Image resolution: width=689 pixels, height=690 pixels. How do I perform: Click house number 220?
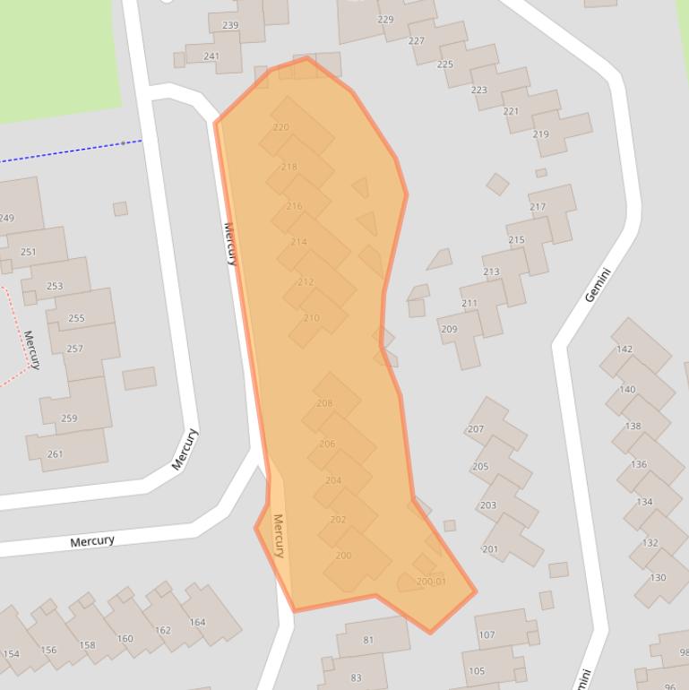tap(280, 127)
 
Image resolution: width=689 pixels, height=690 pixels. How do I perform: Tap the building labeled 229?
tap(385, 20)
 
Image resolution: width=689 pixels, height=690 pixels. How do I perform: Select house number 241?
tap(211, 56)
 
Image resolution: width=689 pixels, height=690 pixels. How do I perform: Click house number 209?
tap(449, 329)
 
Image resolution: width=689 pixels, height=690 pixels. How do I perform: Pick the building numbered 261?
tap(55, 454)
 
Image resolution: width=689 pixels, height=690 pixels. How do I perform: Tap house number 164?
tap(197, 622)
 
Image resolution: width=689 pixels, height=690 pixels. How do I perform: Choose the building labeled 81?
tap(368, 640)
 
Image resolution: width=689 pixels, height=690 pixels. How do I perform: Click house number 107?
tap(487, 635)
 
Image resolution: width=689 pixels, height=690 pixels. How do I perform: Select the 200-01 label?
tap(431, 582)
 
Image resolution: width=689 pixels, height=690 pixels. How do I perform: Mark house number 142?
tap(624, 349)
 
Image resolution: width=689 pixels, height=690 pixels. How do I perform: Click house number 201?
tap(490, 549)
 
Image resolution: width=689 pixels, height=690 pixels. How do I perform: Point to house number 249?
tap(7, 218)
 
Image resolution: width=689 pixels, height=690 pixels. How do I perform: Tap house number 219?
tap(540, 134)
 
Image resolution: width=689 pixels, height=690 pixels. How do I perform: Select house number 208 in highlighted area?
tap(324, 403)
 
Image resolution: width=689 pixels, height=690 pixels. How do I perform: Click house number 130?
tap(659, 577)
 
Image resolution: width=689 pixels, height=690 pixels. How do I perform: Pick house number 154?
tap(12, 654)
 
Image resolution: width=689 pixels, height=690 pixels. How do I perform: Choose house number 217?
tap(538, 207)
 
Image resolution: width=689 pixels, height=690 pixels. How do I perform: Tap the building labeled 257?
tap(74, 349)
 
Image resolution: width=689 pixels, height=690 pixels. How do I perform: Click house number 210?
tap(312, 318)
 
